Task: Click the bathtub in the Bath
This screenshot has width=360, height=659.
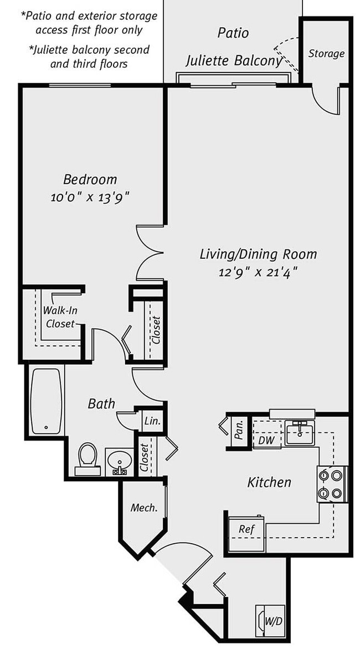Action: (x=46, y=401)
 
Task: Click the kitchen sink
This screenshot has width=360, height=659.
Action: (x=300, y=432)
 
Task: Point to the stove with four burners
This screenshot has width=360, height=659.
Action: (x=332, y=484)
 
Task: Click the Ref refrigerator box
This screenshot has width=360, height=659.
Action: (x=246, y=533)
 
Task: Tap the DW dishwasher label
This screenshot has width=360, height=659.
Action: (x=266, y=440)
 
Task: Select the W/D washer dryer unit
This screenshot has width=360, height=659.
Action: (x=270, y=621)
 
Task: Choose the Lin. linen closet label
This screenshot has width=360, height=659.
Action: (x=152, y=421)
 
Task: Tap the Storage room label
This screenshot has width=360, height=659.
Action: (x=326, y=54)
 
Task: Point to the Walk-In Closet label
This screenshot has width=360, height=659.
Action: (x=60, y=317)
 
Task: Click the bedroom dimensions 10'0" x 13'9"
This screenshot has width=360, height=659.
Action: (x=90, y=197)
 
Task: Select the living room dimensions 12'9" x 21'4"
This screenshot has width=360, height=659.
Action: (x=258, y=272)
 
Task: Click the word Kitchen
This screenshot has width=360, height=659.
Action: (x=269, y=483)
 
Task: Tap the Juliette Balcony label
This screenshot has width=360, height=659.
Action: (x=233, y=60)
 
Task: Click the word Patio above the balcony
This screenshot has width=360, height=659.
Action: (x=233, y=33)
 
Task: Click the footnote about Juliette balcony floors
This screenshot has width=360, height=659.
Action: (x=89, y=57)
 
